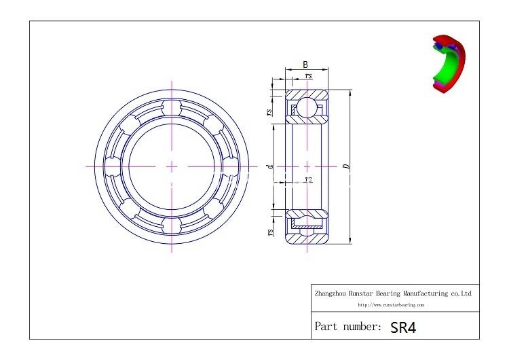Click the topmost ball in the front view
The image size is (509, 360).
[171, 109]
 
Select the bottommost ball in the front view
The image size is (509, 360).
[171, 223]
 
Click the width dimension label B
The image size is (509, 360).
[305, 65]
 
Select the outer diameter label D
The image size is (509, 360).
[346, 165]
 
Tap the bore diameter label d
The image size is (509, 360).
[270, 166]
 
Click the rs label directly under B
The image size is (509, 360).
[309, 76]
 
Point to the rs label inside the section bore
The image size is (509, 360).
[308, 180]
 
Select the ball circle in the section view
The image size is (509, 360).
[307, 107]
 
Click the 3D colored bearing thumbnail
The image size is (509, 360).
[448, 63]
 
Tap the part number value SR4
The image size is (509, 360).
[403, 327]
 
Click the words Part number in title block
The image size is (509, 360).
[347, 327]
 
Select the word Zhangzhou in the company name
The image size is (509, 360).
[329, 294]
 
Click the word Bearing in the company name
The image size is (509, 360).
[390, 294]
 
